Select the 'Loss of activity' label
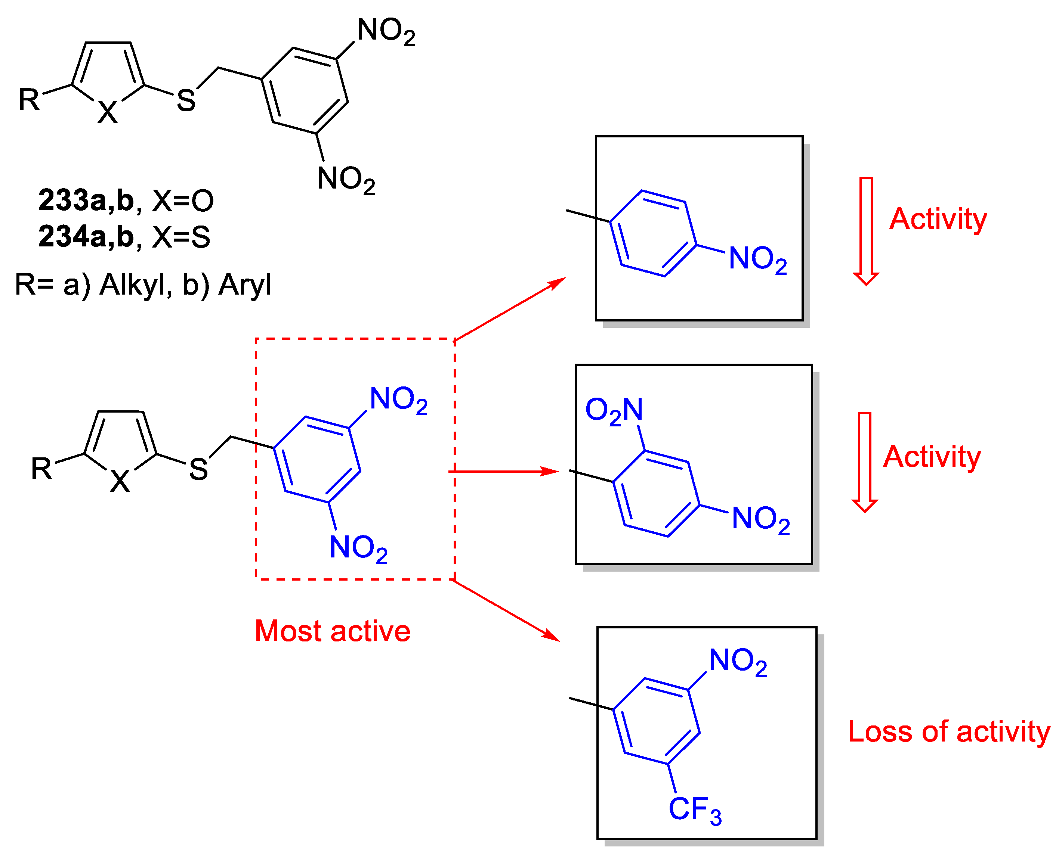pos(948,731)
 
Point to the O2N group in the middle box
pos(614,411)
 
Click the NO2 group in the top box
pos(757,259)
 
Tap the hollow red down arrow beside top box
pos(866,231)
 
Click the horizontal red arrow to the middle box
pos(504,471)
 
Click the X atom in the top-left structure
pos(108,112)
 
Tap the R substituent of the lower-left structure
pos(41,469)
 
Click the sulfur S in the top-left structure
pos(186,101)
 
